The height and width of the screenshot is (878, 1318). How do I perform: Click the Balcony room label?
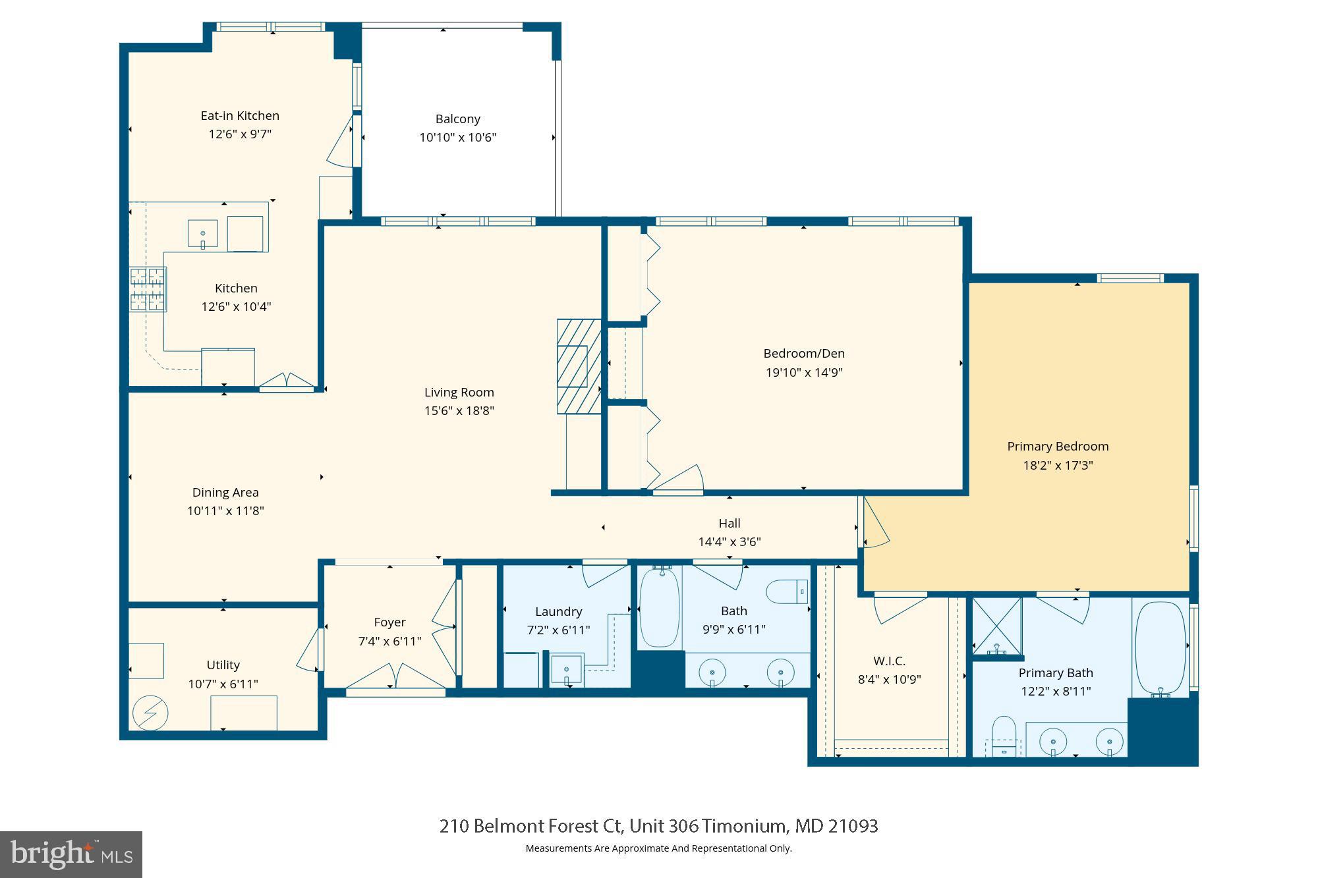(457, 119)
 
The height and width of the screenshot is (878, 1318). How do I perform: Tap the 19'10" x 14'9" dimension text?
(804, 372)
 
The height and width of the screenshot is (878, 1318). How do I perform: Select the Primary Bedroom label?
(1058, 446)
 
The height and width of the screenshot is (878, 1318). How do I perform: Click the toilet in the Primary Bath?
(1004, 736)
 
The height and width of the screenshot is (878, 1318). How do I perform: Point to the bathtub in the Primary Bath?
(1160, 648)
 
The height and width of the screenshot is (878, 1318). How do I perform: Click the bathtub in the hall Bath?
(659, 608)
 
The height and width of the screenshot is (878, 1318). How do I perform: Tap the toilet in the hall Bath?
(787, 591)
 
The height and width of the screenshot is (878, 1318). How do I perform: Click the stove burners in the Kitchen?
(148, 289)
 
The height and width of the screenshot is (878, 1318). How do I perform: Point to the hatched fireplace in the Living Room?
(579, 366)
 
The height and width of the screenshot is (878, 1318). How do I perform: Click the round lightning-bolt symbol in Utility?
(150, 713)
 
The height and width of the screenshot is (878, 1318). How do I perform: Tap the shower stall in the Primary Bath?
(997, 626)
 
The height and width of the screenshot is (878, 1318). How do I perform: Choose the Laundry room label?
(558, 611)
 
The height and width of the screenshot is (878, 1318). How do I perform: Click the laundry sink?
(567, 670)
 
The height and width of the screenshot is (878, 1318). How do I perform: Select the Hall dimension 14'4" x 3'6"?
(729, 541)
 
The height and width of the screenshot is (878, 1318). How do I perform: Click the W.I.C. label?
(889, 661)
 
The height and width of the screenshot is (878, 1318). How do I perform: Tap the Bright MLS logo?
(71, 854)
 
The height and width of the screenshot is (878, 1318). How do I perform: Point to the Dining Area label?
(225, 492)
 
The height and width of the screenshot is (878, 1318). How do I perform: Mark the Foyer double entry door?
(395, 678)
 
